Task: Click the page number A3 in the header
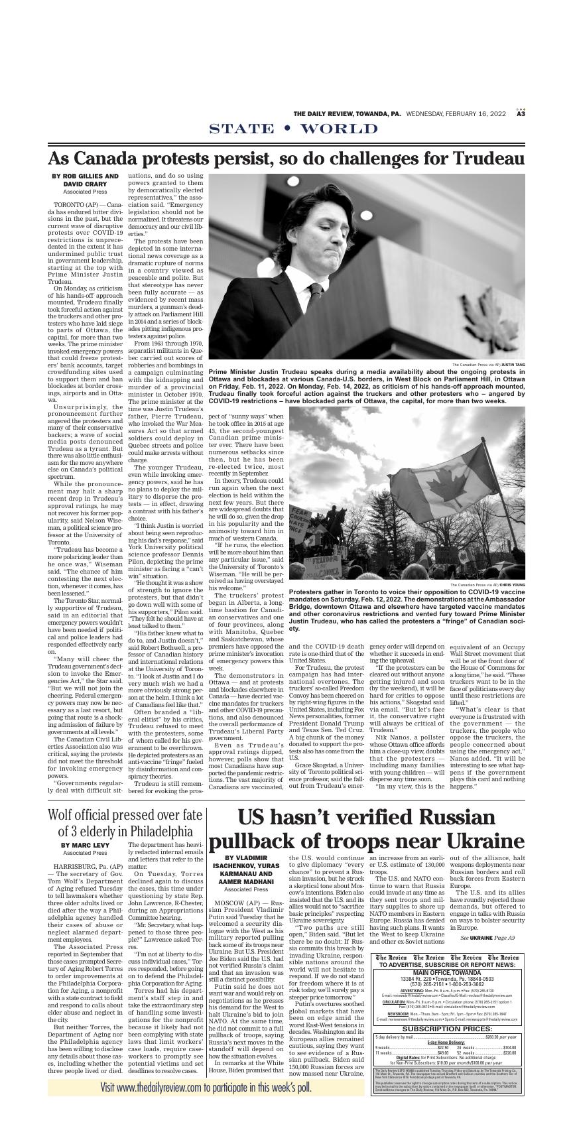pyautogui.click(x=521, y=113)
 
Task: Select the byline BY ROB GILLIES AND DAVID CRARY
pyautogui.click(x=85, y=180)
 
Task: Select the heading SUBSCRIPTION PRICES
pyautogui.click(x=446, y=1029)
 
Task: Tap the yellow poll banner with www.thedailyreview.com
pyautogui.click(x=206, y=1088)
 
